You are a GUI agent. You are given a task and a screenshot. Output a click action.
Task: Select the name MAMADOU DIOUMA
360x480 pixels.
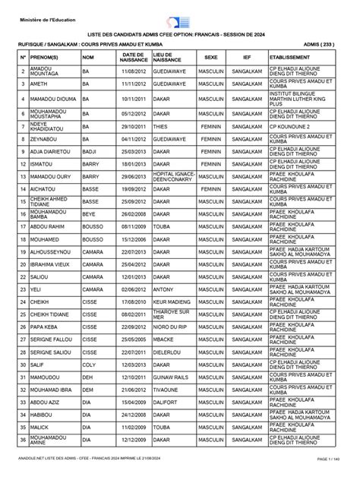click(53, 98)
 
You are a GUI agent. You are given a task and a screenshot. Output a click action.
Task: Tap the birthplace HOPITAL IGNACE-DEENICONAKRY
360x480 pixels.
click(173, 176)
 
